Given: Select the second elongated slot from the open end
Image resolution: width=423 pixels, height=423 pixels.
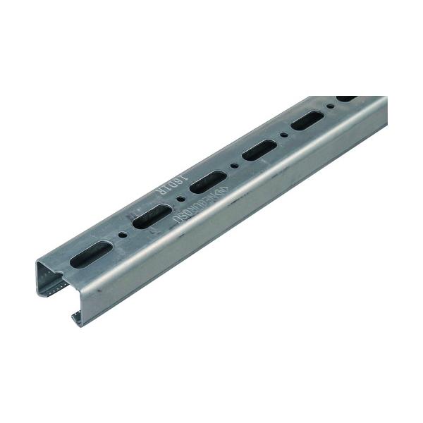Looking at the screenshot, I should [x=149, y=219].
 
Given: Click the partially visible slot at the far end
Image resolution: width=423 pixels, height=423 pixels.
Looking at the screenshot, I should [x=345, y=99].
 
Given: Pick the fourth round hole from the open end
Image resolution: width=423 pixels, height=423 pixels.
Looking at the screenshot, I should [x=283, y=134].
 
